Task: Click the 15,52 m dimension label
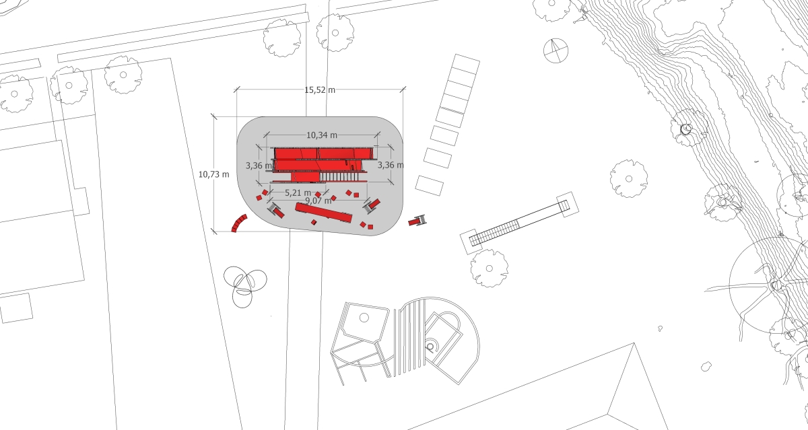[x=320, y=89]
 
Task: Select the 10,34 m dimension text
[x=322, y=135]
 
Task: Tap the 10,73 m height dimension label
[x=213, y=174]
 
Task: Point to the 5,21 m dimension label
[x=298, y=193]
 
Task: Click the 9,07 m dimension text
[x=318, y=201]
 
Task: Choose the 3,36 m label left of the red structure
[x=259, y=166]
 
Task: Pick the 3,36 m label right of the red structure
[x=391, y=165]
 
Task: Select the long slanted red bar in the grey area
[x=324, y=213]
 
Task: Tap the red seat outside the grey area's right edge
[x=417, y=221]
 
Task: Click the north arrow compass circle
[x=556, y=51]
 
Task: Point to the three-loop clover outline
[x=245, y=286]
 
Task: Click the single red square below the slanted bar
[x=314, y=222]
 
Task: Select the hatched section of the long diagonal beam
[x=494, y=234]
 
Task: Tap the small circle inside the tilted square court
[x=364, y=318]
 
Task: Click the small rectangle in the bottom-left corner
[x=16, y=308]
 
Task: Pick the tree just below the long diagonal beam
[x=490, y=268]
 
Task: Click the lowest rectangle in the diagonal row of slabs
[x=430, y=186]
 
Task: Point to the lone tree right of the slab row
[x=629, y=179]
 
